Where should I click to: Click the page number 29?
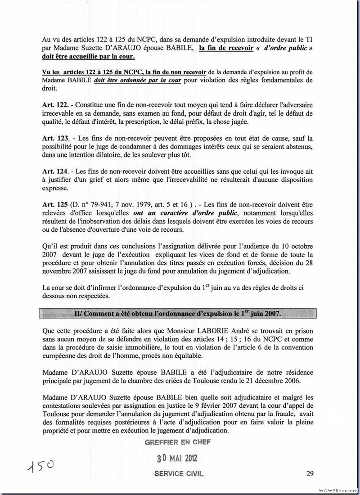pyautogui.click(x=310, y=473)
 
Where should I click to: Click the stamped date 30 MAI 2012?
pyautogui.click(x=177, y=459)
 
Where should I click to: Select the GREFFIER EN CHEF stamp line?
pyautogui.click(x=177, y=442)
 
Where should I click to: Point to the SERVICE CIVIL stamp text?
pyautogui.click(x=179, y=474)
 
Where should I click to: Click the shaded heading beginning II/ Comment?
pyautogui.click(x=177, y=313)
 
